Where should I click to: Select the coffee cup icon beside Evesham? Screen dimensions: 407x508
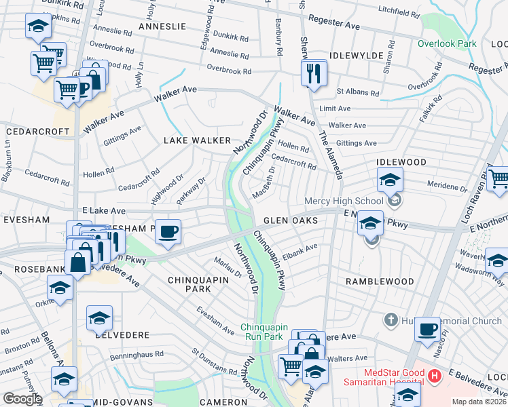[x=168, y=231]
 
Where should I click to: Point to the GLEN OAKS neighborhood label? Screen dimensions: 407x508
[x=291, y=220]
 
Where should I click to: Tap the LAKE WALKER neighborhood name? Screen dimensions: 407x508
[x=198, y=140]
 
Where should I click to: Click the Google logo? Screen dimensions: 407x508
[x=22, y=399]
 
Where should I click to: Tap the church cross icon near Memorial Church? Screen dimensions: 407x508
[x=391, y=319]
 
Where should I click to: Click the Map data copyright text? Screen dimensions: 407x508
[x=479, y=402]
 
